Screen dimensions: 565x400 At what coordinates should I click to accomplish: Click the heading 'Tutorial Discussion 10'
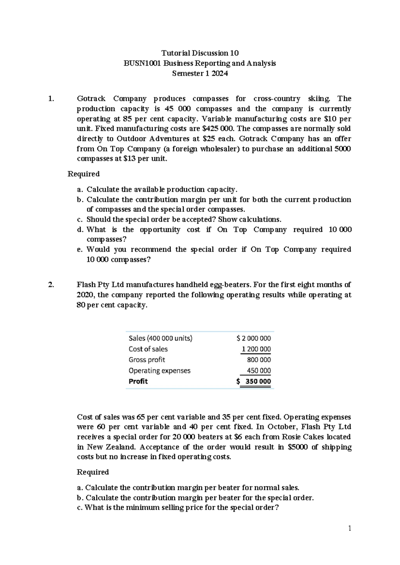click(200, 53)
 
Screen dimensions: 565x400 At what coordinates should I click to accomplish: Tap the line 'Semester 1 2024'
click(200, 74)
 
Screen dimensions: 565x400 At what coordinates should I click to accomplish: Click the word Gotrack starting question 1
click(91, 99)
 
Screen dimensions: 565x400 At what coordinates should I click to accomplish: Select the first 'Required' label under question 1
click(84, 174)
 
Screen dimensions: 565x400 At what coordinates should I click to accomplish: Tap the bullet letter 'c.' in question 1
click(80, 220)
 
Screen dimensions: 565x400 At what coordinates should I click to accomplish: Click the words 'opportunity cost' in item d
click(170, 230)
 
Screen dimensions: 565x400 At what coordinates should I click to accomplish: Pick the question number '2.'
click(51, 285)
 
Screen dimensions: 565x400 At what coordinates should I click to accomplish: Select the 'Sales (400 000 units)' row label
click(160, 338)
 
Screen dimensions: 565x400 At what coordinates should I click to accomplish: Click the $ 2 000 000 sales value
click(253, 338)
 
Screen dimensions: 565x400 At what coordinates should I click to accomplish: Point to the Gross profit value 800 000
click(259, 360)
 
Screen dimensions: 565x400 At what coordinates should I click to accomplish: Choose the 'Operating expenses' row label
click(159, 370)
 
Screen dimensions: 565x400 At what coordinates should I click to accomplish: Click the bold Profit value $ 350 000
click(254, 381)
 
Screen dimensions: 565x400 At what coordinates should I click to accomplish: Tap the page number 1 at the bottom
click(350, 528)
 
